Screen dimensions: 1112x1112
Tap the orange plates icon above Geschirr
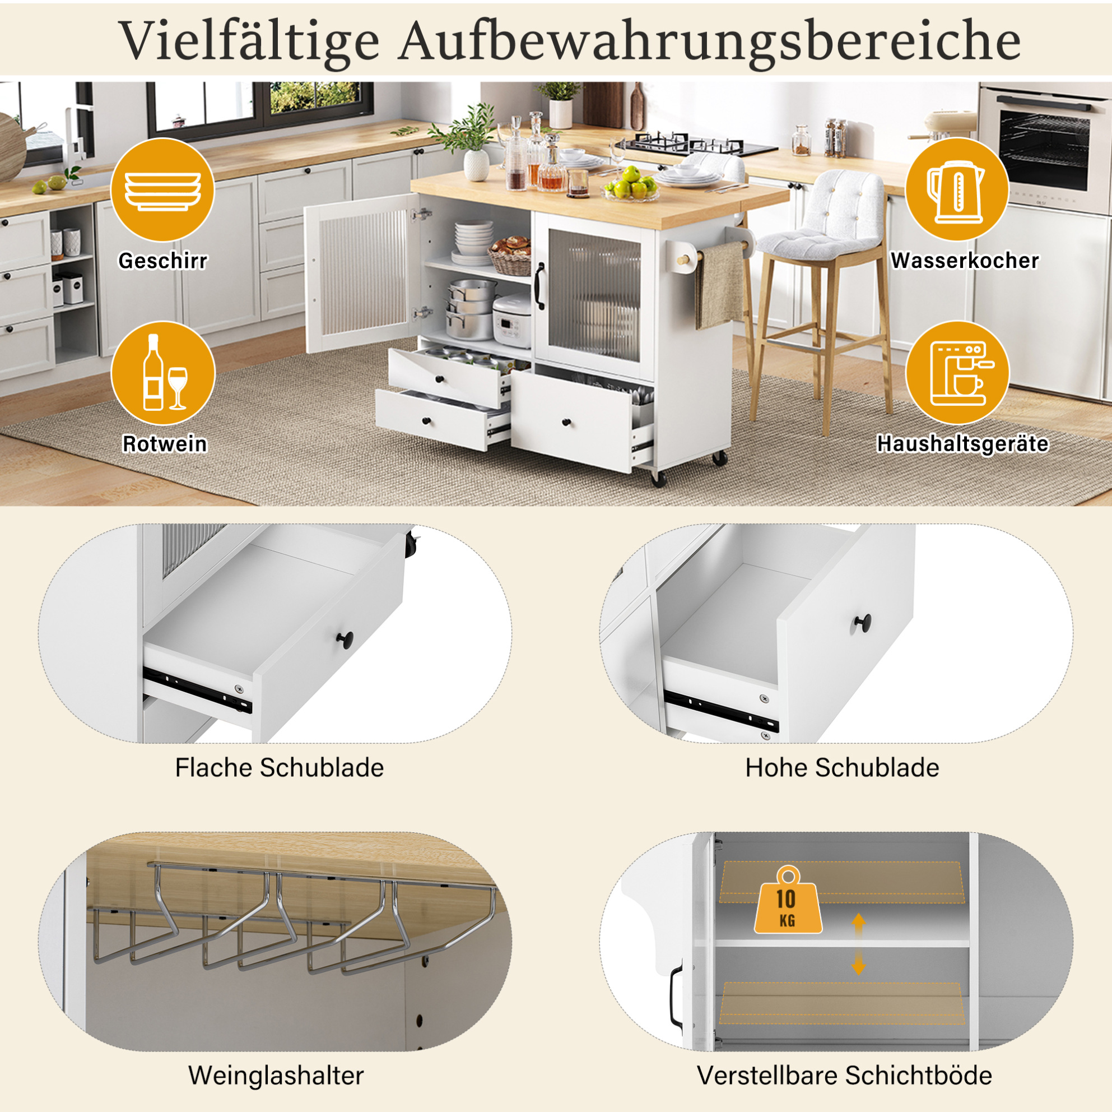pyautogui.click(x=162, y=190)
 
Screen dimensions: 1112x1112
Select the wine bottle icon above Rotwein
pyautogui.click(x=163, y=373)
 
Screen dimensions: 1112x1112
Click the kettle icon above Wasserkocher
pyautogui.click(x=957, y=190)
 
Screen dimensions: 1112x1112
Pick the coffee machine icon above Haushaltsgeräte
pyautogui.click(x=957, y=373)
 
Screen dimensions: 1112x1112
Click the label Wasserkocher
pyautogui.click(x=965, y=260)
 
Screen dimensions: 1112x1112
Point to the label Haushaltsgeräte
pyautogui.click(x=962, y=443)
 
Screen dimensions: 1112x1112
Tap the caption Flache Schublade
pyautogui.click(x=279, y=768)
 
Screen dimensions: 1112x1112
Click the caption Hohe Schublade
pyautogui.click(x=842, y=768)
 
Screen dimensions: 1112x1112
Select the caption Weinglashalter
pyautogui.click(x=276, y=1075)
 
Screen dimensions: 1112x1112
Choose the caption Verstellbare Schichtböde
pyautogui.click(x=844, y=1075)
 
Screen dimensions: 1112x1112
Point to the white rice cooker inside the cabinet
pyautogui.click(x=511, y=320)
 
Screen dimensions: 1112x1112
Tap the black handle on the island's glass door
pyautogui.click(x=541, y=286)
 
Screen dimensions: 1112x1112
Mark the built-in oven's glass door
pyautogui.click(x=1044, y=146)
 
